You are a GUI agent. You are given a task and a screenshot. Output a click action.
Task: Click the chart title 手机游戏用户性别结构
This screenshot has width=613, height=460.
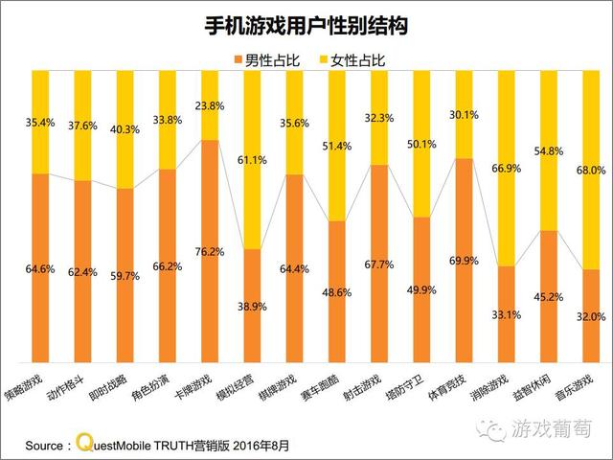click(x=306, y=26)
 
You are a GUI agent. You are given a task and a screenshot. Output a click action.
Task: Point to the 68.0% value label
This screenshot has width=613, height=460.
click(x=590, y=170)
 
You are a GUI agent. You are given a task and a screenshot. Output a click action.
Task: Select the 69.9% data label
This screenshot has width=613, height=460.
click(x=464, y=261)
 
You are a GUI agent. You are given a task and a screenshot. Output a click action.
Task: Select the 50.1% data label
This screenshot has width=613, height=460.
click(x=421, y=144)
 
